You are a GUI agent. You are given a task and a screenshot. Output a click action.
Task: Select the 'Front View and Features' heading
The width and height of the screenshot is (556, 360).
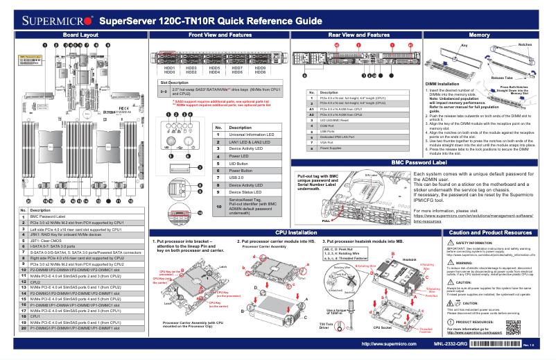220,34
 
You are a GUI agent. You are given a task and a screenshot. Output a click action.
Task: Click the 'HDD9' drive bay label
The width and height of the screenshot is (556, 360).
260,68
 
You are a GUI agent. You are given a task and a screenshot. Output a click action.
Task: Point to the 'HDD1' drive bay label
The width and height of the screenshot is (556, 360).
169,68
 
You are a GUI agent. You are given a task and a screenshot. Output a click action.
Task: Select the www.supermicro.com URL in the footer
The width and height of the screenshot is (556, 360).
389,344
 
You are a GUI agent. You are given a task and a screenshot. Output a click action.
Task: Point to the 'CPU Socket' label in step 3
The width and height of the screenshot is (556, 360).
384,327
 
